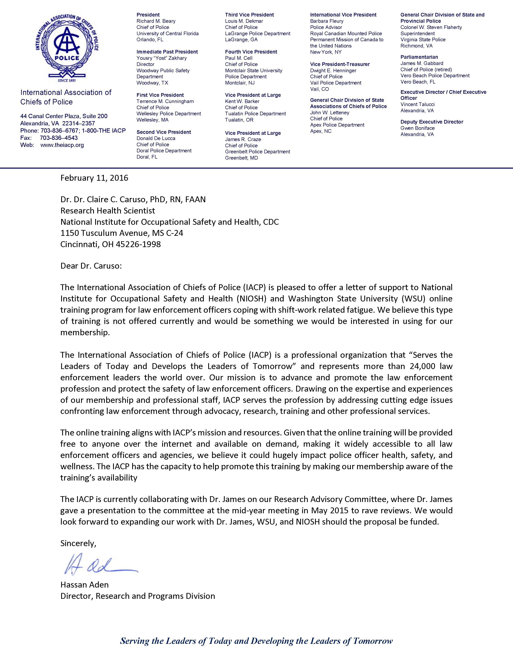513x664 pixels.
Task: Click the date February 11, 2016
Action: (x=94, y=178)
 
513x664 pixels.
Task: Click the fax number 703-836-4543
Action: (x=59, y=138)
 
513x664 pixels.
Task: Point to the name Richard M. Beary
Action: (x=156, y=21)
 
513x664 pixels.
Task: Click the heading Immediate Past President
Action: (x=167, y=52)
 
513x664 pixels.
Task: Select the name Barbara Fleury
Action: (x=327, y=21)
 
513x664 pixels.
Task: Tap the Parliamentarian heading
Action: (x=419, y=57)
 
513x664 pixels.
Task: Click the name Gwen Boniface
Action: (x=417, y=128)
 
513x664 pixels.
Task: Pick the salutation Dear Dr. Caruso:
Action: (x=91, y=266)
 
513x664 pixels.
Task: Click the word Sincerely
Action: (x=78, y=543)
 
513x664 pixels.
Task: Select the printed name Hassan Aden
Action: (x=84, y=585)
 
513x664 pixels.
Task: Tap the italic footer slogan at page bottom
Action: (x=256, y=641)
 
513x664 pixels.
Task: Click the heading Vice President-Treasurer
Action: (x=340, y=64)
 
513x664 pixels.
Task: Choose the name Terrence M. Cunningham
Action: (x=165, y=101)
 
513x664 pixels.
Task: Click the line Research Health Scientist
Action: (x=108, y=211)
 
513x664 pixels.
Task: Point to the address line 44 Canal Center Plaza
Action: (x=64, y=116)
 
